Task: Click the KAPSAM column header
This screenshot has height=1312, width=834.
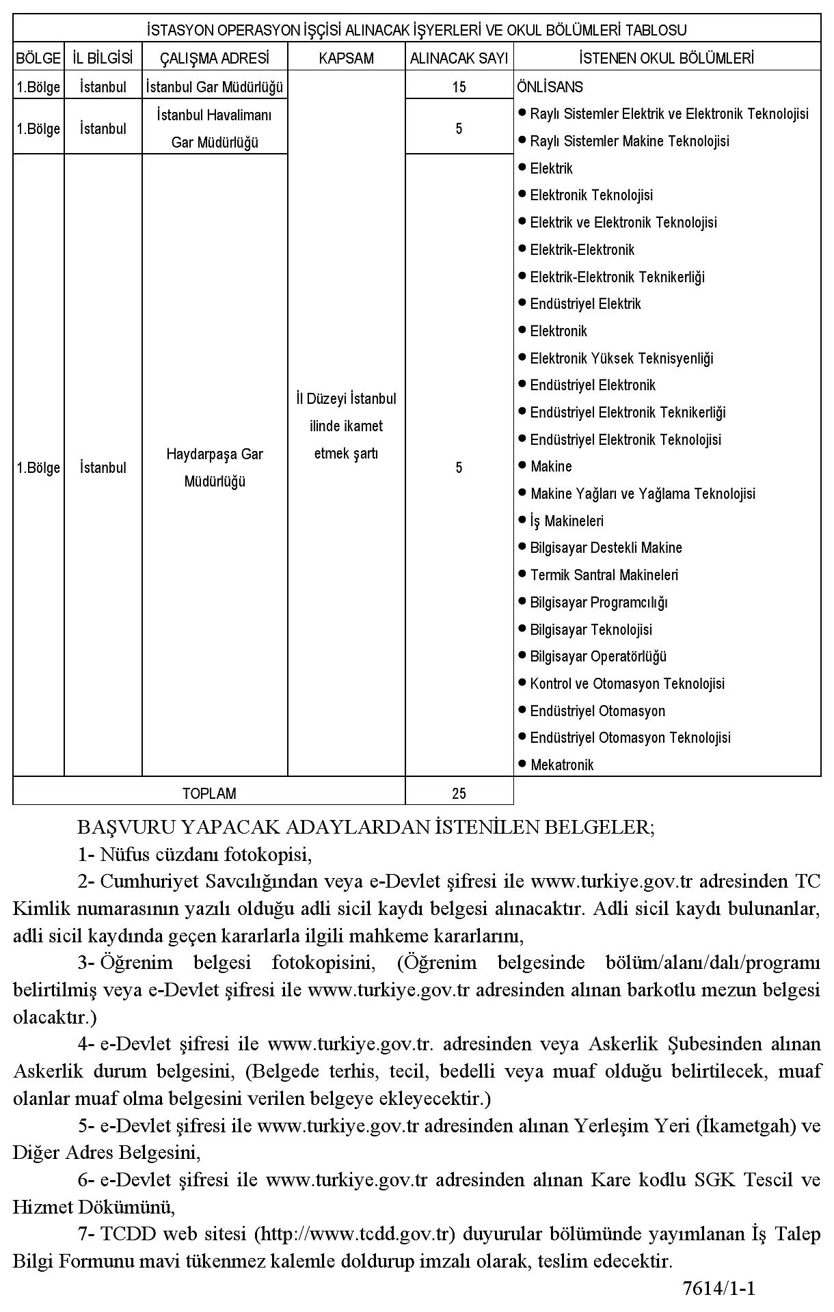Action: pos(346,59)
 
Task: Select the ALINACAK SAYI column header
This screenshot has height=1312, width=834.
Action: pos(459,59)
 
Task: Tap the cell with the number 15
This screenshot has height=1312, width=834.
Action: pos(459,87)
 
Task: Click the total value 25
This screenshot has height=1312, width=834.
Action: pos(459,793)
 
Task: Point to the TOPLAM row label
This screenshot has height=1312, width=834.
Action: pos(209,793)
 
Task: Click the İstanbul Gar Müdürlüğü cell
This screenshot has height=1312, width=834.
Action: pos(215,87)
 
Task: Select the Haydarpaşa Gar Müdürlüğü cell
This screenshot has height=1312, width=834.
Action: pos(215,467)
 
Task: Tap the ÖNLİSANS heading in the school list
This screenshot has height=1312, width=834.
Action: pos(550,87)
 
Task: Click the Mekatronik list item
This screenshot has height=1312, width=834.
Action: pos(562,765)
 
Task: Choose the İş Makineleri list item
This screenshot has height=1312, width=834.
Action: pos(567,521)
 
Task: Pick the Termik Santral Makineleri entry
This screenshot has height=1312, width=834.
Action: pos(604,575)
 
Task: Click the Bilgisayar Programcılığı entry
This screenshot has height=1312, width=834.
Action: pos(598,603)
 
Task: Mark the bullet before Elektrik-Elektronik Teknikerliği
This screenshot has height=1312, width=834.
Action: pos(522,276)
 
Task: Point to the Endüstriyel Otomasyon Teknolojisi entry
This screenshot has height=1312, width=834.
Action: pos(630,738)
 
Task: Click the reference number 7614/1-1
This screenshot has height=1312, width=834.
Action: pos(718,1289)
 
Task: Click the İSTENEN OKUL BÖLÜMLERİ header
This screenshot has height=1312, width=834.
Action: pos(667,59)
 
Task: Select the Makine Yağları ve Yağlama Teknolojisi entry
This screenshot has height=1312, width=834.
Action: pos(643,494)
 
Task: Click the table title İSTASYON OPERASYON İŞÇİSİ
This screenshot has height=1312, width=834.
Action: pos(417,30)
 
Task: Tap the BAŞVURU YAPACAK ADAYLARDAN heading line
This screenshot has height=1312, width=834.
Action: pos(366,828)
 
